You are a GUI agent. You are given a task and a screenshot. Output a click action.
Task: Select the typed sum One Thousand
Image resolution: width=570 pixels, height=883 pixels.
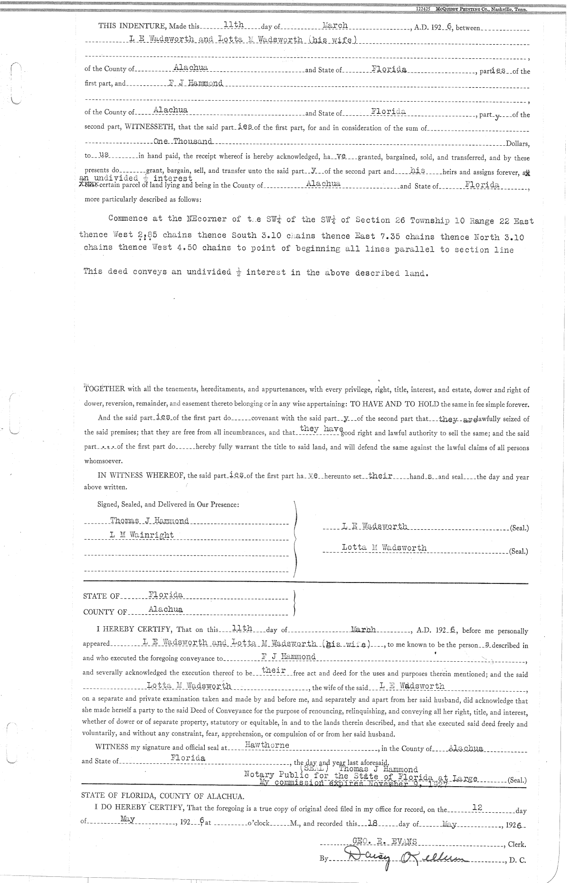(183, 141)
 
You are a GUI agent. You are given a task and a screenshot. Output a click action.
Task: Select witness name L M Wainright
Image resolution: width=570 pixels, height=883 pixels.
(142, 535)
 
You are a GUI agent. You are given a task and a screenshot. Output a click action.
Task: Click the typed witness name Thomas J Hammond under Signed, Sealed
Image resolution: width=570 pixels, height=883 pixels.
(149, 521)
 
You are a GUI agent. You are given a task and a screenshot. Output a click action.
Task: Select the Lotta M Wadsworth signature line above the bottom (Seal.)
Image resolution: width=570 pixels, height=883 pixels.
(384, 548)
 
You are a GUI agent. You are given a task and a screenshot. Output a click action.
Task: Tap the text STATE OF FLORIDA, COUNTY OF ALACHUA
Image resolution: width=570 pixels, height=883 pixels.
(162, 796)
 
